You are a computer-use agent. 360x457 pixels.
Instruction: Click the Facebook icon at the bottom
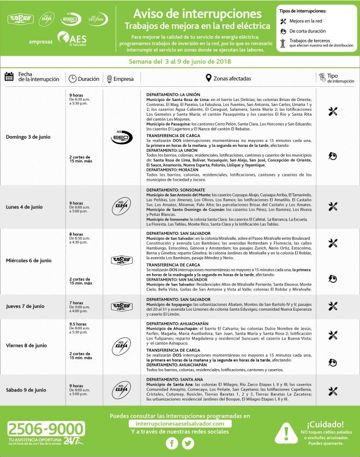171,443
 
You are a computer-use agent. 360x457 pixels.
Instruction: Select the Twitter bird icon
188,443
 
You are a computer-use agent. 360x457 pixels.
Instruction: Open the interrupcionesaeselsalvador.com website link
180,423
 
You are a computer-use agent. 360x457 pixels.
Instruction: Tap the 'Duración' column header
85,79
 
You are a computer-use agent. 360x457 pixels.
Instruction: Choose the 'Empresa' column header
122,79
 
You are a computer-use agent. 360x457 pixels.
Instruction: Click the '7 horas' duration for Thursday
76,302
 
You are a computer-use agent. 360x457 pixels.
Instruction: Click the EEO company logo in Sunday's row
121,138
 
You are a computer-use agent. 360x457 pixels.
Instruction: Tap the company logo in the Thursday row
121,306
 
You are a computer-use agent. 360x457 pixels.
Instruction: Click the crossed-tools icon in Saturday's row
333,390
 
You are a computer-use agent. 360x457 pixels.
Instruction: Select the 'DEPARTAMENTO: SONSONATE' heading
173,190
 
